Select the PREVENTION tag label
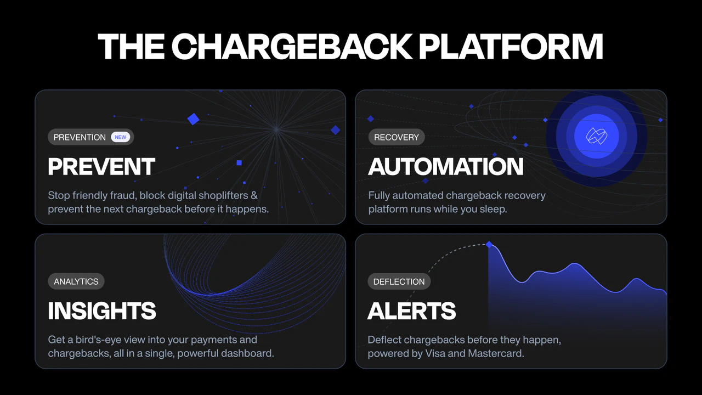point(80,137)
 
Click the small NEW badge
point(121,137)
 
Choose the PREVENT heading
point(101,167)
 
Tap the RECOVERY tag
point(396,137)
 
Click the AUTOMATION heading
point(445,167)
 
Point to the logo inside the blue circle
point(596,136)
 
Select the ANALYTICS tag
point(76,281)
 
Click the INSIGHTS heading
point(102,311)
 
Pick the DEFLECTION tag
point(399,281)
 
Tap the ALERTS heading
point(411,311)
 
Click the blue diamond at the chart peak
point(489,245)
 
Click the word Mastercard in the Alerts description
point(496,353)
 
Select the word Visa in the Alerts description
point(435,353)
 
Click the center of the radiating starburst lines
point(277,129)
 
